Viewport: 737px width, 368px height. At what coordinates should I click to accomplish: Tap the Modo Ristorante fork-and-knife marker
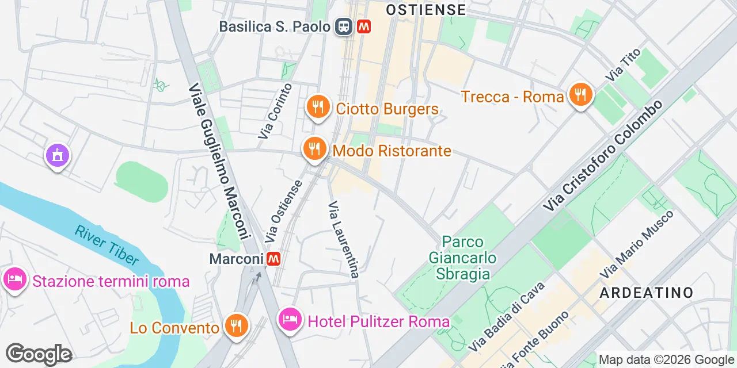tap(314, 149)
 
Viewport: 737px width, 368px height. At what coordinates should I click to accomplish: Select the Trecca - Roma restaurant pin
tap(581, 95)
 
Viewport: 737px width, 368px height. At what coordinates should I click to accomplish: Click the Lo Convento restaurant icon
tap(235, 326)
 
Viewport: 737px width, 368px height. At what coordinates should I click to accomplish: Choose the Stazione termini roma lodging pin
tap(14, 280)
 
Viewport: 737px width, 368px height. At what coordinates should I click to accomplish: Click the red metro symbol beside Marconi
tap(273, 259)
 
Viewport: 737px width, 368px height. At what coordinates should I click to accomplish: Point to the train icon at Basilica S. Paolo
tap(344, 26)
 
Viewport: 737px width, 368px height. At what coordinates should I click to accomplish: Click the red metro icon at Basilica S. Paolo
tap(363, 26)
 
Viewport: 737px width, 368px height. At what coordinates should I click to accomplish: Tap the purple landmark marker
tap(58, 155)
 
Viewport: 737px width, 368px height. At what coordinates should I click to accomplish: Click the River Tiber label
tap(107, 245)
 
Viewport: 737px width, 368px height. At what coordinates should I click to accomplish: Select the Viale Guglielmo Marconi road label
tap(220, 162)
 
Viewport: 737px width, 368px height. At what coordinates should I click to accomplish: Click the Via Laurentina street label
tap(344, 239)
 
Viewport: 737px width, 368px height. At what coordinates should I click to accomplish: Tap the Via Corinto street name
tap(275, 111)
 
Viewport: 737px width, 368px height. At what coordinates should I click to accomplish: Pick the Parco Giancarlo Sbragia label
tap(463, 258)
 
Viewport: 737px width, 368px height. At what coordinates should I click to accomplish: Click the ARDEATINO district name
tap(647, 293)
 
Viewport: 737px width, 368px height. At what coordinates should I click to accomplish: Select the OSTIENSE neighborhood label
tap(426, 10)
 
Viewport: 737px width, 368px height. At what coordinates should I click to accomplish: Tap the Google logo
tap(39, 354)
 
